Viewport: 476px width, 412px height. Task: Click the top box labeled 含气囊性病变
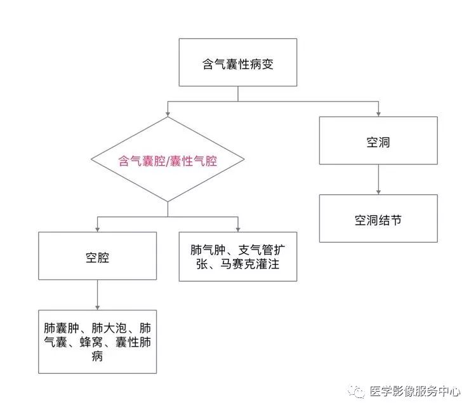tap(238, 62)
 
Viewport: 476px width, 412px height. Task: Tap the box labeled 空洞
tap(378, 141)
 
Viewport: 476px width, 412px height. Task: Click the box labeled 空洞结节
tap(378, 220)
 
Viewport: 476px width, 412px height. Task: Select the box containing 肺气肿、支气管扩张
tap(238, 256)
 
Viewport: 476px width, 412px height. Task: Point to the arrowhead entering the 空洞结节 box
tap(378, 192)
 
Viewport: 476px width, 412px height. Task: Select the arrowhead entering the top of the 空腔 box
tap(97, 229)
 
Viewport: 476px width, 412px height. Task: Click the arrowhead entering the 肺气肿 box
tap(238, 229)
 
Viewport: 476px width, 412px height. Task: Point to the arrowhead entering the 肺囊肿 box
tap(97, 307)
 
